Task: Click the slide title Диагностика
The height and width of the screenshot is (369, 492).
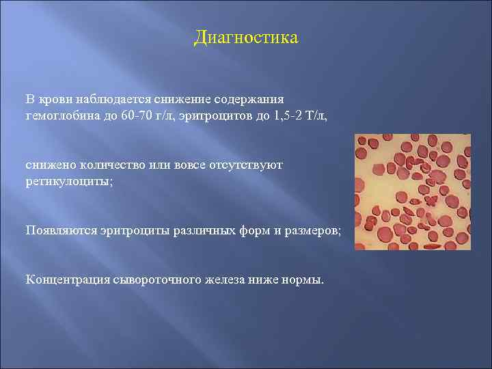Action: click(x=246, y=37)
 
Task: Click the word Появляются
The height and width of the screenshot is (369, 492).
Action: click(x=58, y=230)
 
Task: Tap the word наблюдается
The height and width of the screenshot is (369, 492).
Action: click(x=105, y=98)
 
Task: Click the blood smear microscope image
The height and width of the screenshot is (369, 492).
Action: click(x=412, y=191)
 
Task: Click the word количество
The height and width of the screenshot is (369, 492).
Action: click(x=107, y=165)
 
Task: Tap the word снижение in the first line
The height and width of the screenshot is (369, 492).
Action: click(x=176, y=98)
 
